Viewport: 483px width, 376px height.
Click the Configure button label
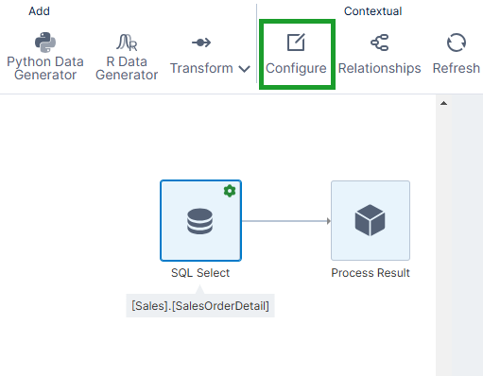pos(296,68)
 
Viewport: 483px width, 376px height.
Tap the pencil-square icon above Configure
pos(296,43)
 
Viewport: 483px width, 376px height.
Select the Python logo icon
pos(45,43)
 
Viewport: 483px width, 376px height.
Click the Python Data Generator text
pos(45,68)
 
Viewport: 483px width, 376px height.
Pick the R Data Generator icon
pos(127,43)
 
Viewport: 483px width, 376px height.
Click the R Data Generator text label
pos(127,68)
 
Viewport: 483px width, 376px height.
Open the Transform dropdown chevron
pos(244,69)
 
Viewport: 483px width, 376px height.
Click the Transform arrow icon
pos(201,43)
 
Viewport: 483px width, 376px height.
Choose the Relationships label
pos(379,68)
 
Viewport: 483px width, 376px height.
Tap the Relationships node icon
pos(379,43)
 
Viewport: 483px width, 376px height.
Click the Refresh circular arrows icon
pos(457,43)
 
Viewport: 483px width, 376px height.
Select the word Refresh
pos(457,68)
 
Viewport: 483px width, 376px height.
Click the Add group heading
pos(39,11)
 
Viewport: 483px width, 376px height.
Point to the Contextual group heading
pos(372,11)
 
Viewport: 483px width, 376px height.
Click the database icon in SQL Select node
pos(199,221)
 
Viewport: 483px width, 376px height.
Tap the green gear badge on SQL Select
pos(229,191)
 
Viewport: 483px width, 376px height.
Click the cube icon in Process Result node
pos(370,221)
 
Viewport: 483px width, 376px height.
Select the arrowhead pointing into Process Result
pos(327,221)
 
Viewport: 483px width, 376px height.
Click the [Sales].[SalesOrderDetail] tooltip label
pos(200,305)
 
